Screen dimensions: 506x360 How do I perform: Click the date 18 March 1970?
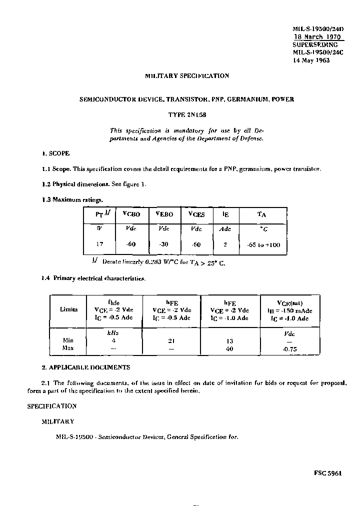316,37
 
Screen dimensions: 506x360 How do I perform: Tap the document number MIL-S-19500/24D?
317,29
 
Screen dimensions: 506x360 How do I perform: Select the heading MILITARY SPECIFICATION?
186,76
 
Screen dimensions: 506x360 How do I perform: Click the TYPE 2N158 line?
186,114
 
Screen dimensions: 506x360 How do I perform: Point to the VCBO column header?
131,214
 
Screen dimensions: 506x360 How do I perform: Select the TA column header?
261,214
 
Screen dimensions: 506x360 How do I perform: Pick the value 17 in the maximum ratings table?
99,244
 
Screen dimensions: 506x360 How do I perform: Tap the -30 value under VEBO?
164,244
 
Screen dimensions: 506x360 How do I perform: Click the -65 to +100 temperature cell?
263,244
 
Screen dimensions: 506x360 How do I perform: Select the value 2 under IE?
224,244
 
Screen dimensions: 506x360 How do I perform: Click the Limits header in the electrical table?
68,309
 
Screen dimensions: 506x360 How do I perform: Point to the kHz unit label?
113,332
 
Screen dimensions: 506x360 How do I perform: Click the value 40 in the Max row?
229,348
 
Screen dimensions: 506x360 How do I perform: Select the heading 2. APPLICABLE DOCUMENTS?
85,367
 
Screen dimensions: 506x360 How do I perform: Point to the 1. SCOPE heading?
55,153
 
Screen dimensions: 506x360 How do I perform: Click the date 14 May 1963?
311,60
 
